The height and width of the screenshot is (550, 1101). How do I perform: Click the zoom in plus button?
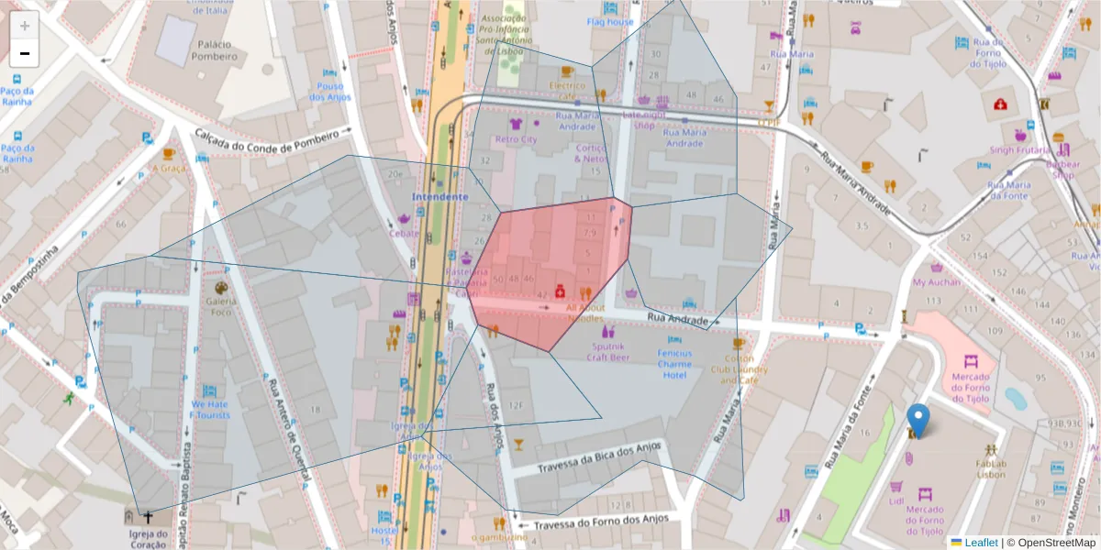[x=25, y=26]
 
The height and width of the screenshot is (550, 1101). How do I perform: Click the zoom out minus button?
[x=25, y=53]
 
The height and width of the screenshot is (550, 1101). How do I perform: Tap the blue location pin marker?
[x=917, y=420]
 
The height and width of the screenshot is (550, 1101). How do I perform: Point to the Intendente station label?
[x=439, y=197]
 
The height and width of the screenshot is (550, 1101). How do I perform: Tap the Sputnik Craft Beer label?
[x=606, y=352]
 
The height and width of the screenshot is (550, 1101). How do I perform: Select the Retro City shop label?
[x=516, y=139]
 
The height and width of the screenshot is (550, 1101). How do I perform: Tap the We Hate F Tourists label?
[x=209, y=409]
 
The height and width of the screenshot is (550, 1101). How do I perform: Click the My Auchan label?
[x=937, y=282]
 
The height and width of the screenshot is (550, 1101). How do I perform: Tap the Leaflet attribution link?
[x=981, y=543]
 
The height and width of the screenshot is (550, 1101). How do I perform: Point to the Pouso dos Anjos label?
[x=328, y=91]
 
